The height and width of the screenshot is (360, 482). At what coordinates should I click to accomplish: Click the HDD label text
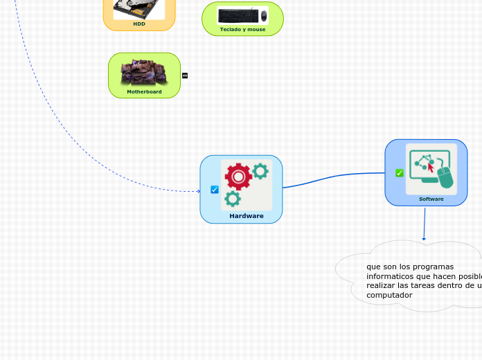[139, 24]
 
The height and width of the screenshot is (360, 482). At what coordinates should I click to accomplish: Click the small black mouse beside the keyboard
[264, 15]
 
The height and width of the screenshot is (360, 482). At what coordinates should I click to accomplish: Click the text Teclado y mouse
[242, 29]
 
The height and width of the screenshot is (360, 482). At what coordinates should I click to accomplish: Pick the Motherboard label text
[144, 91]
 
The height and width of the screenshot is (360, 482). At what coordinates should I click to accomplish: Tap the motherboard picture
[143, 71]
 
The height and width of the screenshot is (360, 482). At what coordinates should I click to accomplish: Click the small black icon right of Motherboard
[185, 75]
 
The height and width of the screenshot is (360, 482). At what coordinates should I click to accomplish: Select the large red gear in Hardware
[238, 177]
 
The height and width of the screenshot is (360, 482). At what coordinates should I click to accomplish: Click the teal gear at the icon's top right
[260, 171]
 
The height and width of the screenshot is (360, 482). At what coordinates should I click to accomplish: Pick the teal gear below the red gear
[233, 199]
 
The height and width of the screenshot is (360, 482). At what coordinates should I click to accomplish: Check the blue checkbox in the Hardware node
[215, 190]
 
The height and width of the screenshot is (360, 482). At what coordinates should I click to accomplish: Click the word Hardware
[247, 216]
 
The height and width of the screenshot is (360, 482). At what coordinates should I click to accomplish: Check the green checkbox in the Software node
[400, 173]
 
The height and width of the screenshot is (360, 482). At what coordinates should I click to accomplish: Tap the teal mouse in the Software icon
[445, 177]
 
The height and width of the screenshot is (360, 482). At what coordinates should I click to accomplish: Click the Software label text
[431, 199]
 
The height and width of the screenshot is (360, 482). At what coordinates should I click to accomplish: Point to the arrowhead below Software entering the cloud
[424, 240]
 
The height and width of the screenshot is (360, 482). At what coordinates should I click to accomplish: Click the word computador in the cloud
[389, 295]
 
